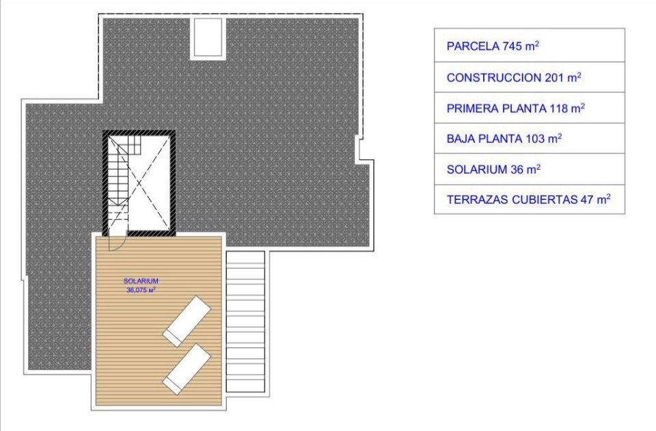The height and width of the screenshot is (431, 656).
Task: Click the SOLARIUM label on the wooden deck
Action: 141,281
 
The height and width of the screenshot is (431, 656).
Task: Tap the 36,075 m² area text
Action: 141,290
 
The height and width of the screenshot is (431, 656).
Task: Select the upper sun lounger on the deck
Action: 187,322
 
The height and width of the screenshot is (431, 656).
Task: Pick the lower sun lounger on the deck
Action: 187,369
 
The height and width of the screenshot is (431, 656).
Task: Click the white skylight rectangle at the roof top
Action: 208,37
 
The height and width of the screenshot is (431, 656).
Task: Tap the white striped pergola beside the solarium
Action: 245,322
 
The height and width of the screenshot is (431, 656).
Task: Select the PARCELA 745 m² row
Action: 529,46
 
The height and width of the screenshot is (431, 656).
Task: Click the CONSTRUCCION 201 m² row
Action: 529,77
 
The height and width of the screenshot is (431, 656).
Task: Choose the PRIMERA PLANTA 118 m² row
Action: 529,108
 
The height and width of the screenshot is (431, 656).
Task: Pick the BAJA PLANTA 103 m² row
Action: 529,139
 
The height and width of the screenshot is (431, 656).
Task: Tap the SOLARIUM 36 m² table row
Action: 529,169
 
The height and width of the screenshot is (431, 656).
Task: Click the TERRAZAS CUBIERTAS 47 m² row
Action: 529,199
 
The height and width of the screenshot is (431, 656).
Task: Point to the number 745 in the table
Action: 512,46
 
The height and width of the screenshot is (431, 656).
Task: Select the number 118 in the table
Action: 558,109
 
